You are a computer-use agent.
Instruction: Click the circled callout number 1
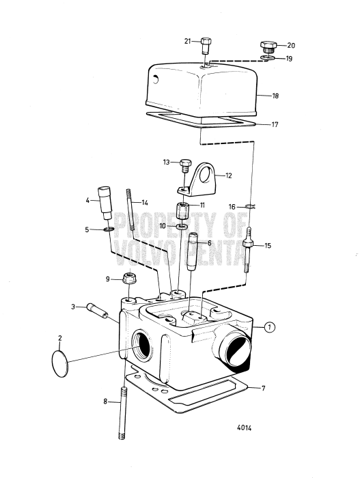coord(271,328)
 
